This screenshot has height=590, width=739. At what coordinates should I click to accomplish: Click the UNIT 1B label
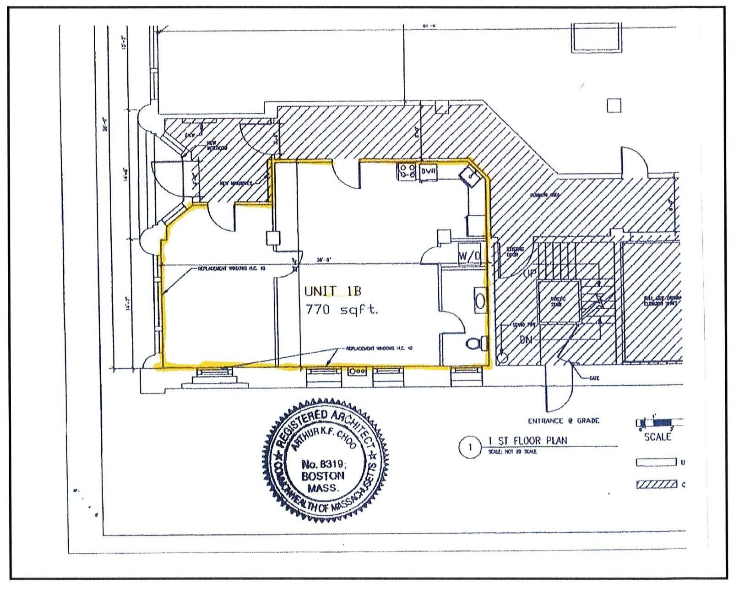coord(333,291)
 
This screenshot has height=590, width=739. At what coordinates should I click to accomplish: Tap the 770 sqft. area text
coord(342,310)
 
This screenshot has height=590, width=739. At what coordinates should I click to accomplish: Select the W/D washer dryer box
coord(470,256)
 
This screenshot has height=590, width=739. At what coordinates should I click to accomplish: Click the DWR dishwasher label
coord(429,171)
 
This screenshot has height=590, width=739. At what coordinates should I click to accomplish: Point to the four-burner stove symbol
coord(407,171)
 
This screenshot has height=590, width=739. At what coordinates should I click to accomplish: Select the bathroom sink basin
coord(480,300)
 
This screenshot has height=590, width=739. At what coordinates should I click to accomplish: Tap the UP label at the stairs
coord(529,273)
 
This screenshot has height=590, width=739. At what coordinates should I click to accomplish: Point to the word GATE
coord(594,378)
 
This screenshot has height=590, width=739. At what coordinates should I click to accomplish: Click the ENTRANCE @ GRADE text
coord(563,421)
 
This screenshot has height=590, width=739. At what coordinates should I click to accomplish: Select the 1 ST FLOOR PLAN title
coord(528,441)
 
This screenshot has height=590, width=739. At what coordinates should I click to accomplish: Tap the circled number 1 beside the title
coord(470,447)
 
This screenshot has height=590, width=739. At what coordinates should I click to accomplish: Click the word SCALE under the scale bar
coord(657,437)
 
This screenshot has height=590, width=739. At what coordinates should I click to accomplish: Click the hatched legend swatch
coord(657,484)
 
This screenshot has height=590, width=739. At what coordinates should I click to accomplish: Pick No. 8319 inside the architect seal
coord(323,464)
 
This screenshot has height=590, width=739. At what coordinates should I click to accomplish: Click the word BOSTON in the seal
coord(322,476)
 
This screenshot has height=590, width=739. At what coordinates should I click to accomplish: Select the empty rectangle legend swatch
coord(656,462)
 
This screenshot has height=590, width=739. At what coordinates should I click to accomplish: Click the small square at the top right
coord(614,106)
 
